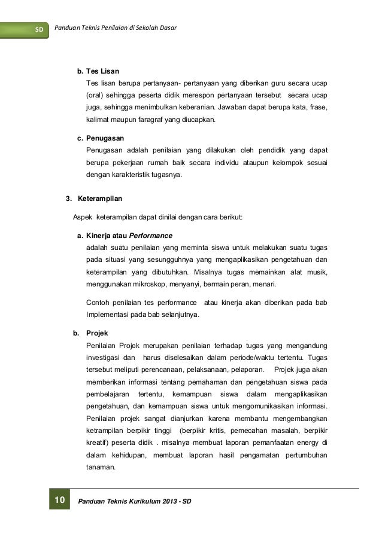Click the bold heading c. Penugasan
100,138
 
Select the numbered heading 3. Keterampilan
95,198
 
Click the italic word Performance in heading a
151,235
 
